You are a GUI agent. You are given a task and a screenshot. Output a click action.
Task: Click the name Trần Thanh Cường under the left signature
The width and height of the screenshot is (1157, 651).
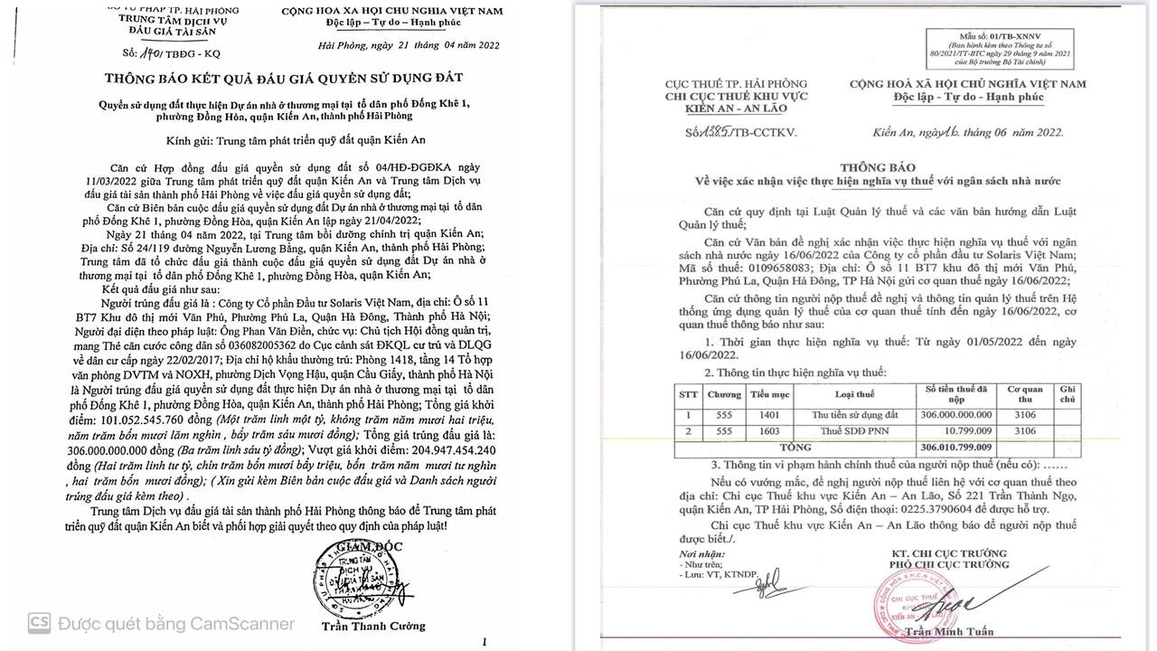372,626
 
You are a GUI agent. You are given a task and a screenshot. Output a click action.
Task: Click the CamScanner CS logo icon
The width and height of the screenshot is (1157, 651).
39,623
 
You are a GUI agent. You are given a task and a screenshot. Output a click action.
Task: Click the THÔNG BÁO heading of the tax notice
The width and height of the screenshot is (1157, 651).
878,167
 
